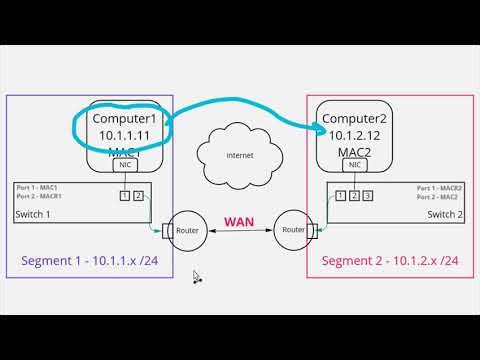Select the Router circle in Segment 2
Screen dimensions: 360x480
tap(294, 228)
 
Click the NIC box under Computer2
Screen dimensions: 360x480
tap(355, 165)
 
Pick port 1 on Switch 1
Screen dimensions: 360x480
tap(125, 194)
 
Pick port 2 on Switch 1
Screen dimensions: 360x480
tap(139, 194)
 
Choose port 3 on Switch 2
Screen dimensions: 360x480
tap(369, 194)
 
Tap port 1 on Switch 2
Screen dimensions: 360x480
tap(340, 194)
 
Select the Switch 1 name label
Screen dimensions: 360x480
tap(34, 216)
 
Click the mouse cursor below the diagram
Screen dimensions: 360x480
tap(196, 277)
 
